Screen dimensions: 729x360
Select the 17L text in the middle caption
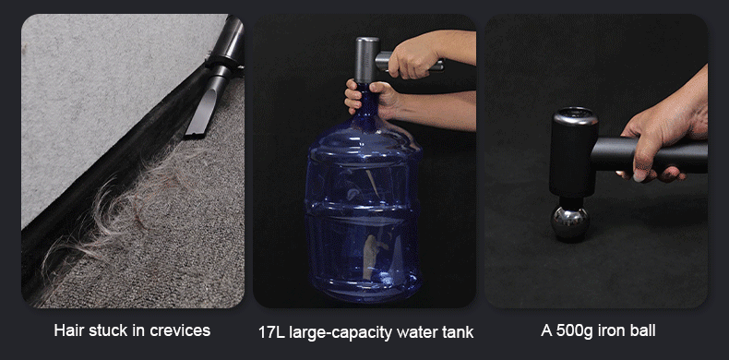pos(272,332)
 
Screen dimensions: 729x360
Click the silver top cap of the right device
pos(575,115)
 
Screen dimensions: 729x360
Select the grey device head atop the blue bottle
pos(367,61)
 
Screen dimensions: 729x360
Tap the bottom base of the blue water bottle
pos(363,288)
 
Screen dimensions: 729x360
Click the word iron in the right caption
pos(611,330)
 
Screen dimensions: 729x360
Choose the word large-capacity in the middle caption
pos(342,332)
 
